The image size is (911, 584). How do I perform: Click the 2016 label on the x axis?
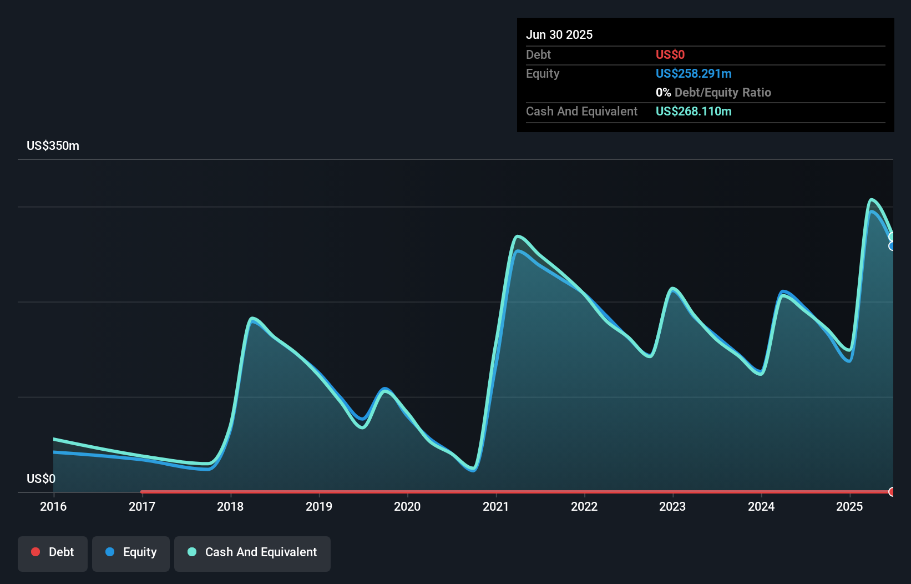(53, 506)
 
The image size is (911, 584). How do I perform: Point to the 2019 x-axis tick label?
(319, 506)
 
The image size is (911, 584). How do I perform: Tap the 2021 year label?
(496, 506)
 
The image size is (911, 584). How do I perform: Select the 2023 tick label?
(672, 506)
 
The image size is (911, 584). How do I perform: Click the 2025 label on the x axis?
(849, 506)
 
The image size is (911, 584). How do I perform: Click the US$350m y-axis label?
(53, 145)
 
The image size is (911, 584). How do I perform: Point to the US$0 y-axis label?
(41, 479)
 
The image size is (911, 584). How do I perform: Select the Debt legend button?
(53, 552)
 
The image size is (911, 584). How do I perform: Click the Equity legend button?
(131, 552)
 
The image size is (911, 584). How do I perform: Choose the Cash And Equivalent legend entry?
(252, 552)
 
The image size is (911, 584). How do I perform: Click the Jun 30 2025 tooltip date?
(559, 34)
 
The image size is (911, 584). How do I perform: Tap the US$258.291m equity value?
(694, 73)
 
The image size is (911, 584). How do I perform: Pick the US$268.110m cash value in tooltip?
(694, 111)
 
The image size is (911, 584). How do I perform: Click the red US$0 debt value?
(670, 54)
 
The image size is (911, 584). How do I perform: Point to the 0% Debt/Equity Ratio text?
(713, 92)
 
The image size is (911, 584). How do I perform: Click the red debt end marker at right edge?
(892, 492)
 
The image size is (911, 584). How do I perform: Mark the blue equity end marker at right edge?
(892, 246)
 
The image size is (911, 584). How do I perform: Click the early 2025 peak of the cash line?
(872, 199)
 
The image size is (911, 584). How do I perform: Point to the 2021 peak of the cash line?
(518, 236)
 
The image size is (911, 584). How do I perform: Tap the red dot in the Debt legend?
(36, 552)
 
